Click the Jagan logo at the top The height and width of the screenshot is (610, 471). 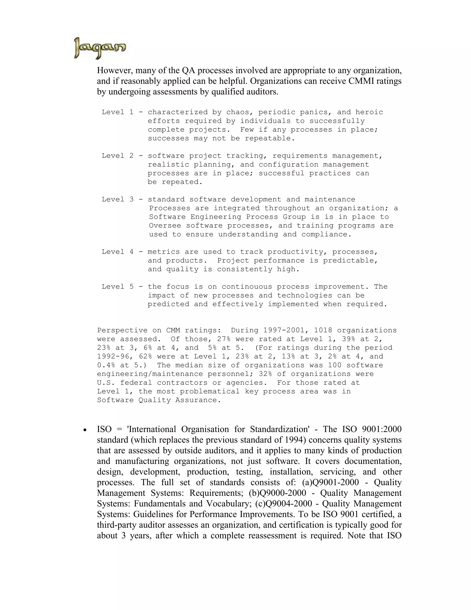(x=100, y=48)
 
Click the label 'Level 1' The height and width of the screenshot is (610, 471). (x=118, y=112)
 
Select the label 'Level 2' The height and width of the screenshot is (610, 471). (x=118, y=156)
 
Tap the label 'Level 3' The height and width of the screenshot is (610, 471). (x=118, y=199)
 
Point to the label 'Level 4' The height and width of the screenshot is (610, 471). (x=118, y=252)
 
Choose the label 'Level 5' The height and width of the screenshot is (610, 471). (x=118, y=287)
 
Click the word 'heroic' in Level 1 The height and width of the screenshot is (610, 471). (x=369, y=112)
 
